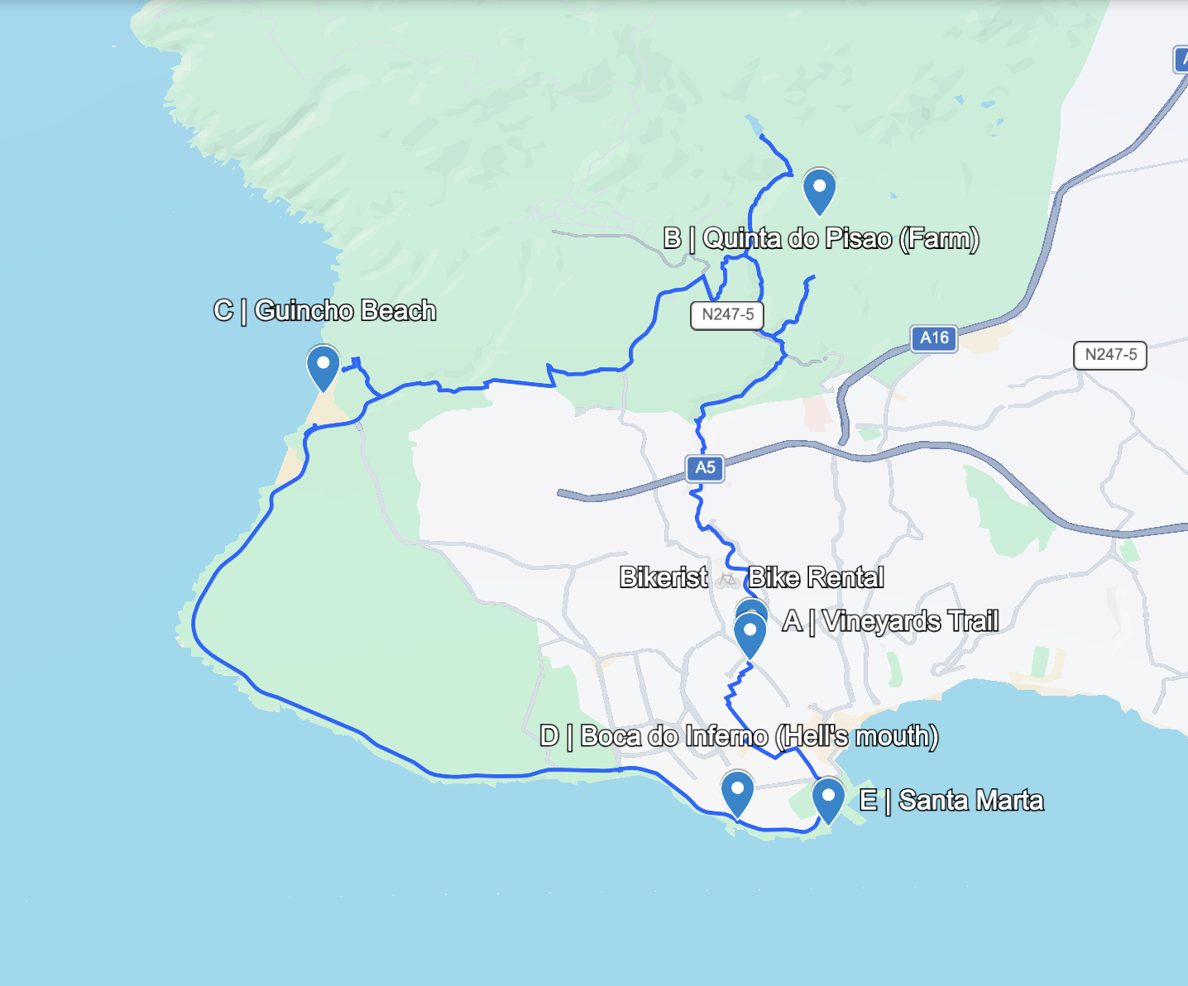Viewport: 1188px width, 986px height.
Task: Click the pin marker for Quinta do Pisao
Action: [819, 189]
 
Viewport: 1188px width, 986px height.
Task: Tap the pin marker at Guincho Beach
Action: [323, 366]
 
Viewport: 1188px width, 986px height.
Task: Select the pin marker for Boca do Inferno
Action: [737, 791]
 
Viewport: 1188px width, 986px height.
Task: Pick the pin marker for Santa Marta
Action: [827, 798]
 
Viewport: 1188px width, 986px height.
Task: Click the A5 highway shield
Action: [705, 468]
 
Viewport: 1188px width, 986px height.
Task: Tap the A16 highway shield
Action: [935, 337]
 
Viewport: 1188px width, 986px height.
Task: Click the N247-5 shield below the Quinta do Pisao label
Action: [727, 314]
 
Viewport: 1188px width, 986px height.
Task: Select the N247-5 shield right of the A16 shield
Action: [1110, 355]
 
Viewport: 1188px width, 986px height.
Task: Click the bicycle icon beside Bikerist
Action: [728, 579]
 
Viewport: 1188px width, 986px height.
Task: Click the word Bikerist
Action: [663, 577]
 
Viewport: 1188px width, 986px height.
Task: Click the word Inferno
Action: [720, 736]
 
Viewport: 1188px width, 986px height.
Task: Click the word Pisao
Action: [860, 239]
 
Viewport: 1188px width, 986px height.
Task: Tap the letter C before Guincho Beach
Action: [223, 311]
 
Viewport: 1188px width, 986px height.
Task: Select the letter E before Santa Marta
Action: [868, 801]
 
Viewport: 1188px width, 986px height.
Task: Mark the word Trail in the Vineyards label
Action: [973, 620]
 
